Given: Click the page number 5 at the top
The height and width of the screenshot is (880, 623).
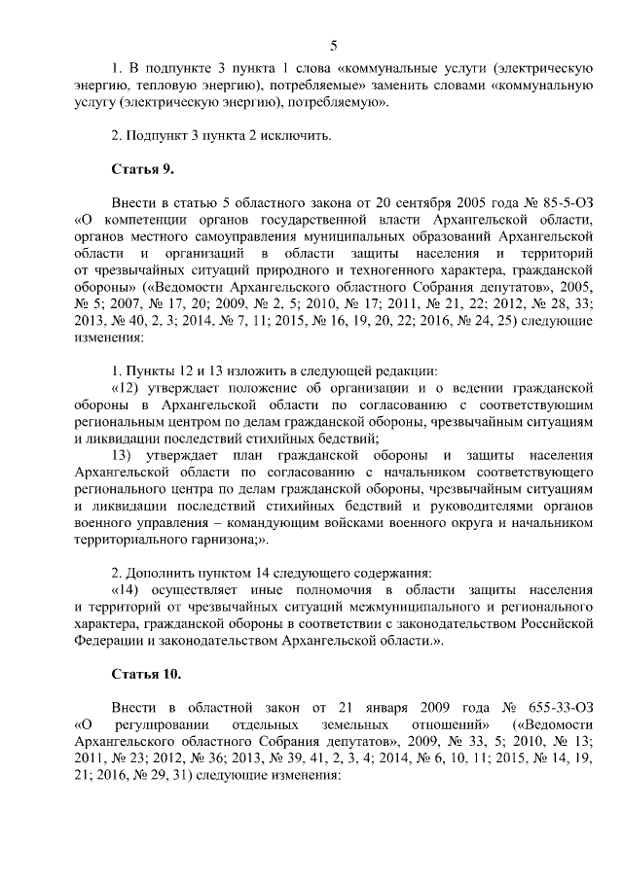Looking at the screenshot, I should click(x=333, y=46).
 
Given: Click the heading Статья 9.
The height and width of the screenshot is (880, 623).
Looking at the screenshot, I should click(x=142, y=168).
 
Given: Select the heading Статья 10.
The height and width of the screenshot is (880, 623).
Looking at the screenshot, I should click(x=146, y=673).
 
